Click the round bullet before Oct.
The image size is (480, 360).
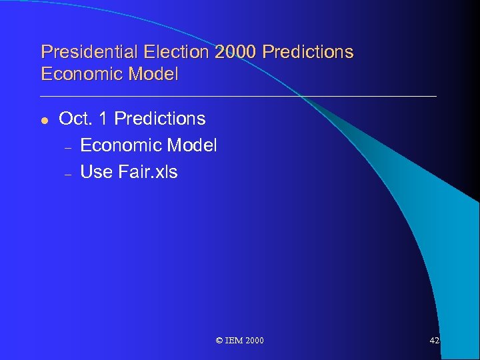tap(44, 121)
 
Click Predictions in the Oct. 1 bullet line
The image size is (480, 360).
tap(160, 119)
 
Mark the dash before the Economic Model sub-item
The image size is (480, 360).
tap(67, 147)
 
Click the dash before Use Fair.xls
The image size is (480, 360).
tap(67, 173)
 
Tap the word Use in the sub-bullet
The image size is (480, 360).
tap(96, 172)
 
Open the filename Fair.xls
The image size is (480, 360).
tap(148, 172)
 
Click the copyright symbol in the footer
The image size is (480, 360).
tap(220, 341)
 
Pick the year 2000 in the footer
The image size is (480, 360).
tap(255, 341)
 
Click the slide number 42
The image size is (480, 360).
tap(434, 341)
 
